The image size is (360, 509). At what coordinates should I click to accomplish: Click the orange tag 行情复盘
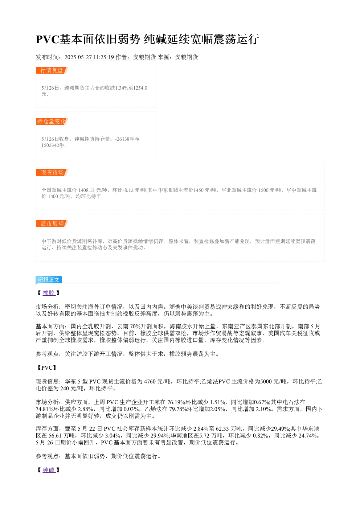point(52,70)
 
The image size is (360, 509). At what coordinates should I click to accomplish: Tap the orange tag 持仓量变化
point(52,121)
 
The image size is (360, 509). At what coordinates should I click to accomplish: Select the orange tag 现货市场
point(52,172)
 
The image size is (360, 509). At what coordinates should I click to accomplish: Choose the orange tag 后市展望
point(52,223)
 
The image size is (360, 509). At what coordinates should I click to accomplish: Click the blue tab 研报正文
point(49,280)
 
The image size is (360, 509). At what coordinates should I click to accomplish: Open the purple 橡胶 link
point(49,293)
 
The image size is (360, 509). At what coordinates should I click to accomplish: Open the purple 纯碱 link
point(49,470)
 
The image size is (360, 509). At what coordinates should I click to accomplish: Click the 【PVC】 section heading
point(46,368)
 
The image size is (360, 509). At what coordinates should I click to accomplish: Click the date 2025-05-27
point(78,57)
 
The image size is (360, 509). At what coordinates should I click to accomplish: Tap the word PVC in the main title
point(48,39)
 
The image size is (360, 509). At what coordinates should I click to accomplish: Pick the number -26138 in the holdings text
point(123,139)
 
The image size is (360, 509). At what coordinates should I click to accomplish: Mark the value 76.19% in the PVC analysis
point(176,402)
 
